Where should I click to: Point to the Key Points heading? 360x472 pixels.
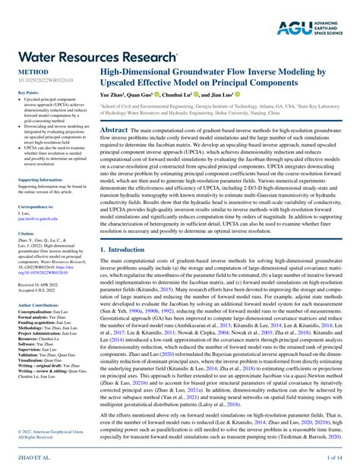pyautogui.click(x=29, y=93)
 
